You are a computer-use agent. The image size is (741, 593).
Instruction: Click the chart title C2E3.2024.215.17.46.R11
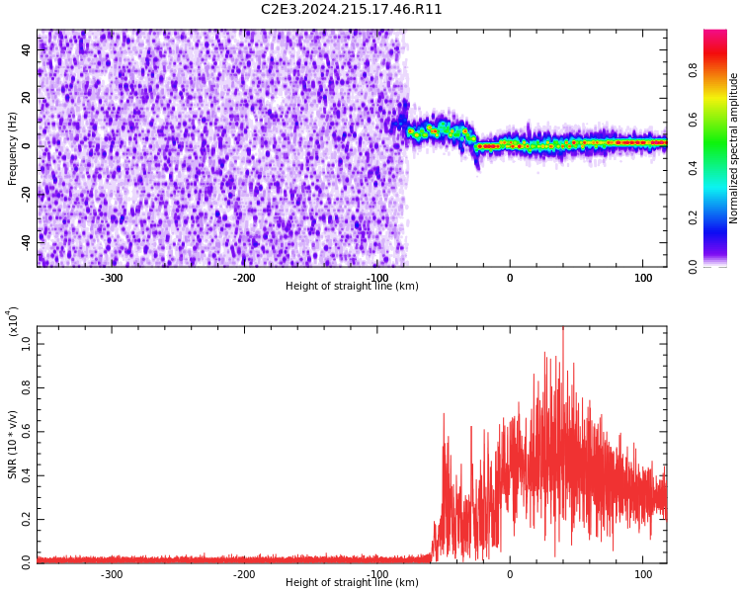click(x=352, y=10)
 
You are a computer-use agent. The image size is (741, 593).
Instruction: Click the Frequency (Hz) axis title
click(x=13, y=148)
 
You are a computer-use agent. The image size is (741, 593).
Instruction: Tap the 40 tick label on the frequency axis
click(x=27, y=50)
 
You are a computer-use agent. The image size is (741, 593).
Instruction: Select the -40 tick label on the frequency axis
click(x=25, y=240)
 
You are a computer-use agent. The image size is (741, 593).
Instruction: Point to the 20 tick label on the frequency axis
click(x=27, y=98)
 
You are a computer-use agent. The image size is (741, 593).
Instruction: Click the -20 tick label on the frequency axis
click(x=25, y=193)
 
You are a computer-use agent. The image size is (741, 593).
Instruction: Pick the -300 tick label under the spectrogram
click(x=112, y=278)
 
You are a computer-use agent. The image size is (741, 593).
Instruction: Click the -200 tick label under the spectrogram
click(x=244, y=278)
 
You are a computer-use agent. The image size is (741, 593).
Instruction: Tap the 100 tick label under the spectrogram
click(x=642, y=278)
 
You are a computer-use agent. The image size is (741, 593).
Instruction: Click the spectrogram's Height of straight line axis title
click(x=352, y=287)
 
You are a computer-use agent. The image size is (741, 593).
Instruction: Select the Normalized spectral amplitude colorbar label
click(x=734, y=148)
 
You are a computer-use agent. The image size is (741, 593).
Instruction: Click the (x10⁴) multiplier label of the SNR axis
click(x=13, y=321)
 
